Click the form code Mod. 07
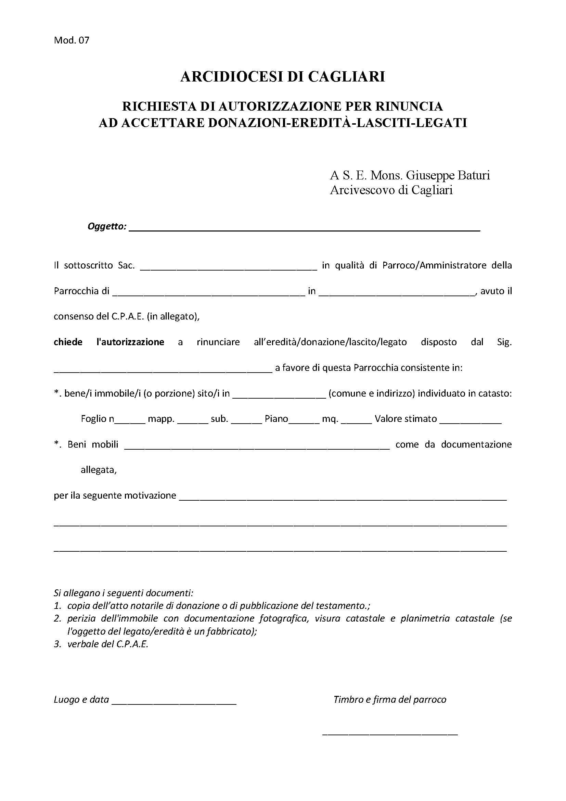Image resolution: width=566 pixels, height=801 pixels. [72, 40]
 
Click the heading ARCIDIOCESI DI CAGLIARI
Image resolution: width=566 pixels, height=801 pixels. [283, 76]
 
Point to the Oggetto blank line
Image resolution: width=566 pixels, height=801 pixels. [304, 228]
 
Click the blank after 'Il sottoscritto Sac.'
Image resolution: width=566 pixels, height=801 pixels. [228, 267]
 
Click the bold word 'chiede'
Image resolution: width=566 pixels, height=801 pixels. [68, 342]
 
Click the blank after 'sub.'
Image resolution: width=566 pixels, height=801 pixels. [246, 421]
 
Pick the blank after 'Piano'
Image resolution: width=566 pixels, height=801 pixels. [304, 421]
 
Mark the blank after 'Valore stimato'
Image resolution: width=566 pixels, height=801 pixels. [471, 421]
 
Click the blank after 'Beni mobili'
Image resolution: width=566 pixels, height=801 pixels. [257, 447]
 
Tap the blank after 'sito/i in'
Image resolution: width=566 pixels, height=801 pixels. [279, 395]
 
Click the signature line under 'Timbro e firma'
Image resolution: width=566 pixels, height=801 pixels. [390, 734]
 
